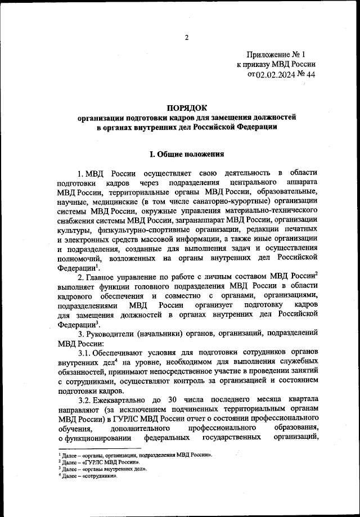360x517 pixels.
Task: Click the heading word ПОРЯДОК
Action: pyautogui.click(x=187, y=107)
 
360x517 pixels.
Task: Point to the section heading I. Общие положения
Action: pyautogui.click(x=186, y=154)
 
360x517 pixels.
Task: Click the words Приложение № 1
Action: pyautogui.click(x=274, y=55)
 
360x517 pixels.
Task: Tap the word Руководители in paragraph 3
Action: pyautogui.click(x=115, y=332)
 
